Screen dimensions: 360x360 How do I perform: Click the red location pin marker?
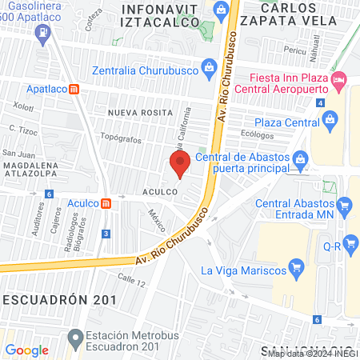(179, 164)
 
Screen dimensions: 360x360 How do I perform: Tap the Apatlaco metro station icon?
(74, 89)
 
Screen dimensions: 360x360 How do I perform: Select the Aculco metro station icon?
(106, 203)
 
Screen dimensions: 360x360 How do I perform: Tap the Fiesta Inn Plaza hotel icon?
(338, 80)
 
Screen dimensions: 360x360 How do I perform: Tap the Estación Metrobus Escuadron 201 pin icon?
(74, 334)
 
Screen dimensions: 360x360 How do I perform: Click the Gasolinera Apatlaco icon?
(42, 34)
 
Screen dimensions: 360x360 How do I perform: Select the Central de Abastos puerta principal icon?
(300, 158)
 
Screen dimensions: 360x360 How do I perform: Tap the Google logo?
(27, 350)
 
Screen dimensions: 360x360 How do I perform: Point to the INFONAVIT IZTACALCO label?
(159, 15)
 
